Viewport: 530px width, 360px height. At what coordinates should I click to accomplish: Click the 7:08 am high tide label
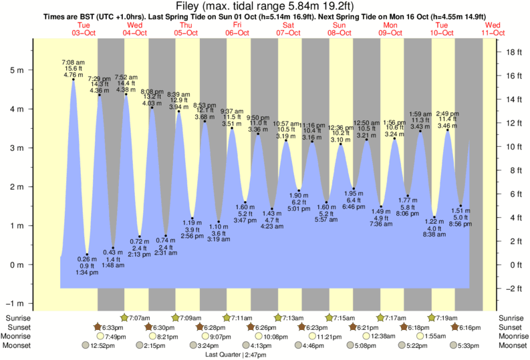tap(73, 61)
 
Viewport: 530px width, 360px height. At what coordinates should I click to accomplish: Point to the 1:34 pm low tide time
tap(87, 273)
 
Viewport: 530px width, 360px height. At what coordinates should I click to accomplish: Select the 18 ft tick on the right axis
tap(513, 52)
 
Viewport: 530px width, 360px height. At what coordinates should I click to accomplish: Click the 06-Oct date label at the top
tap(237, 33)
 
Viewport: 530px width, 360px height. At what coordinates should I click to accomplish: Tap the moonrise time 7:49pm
tap(116, 337)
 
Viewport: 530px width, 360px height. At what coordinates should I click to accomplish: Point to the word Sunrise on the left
tap(17, 318)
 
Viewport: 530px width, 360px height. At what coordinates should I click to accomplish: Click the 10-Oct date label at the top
tap(442, 33)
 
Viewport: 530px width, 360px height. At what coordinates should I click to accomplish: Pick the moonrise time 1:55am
tap(436, 337)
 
